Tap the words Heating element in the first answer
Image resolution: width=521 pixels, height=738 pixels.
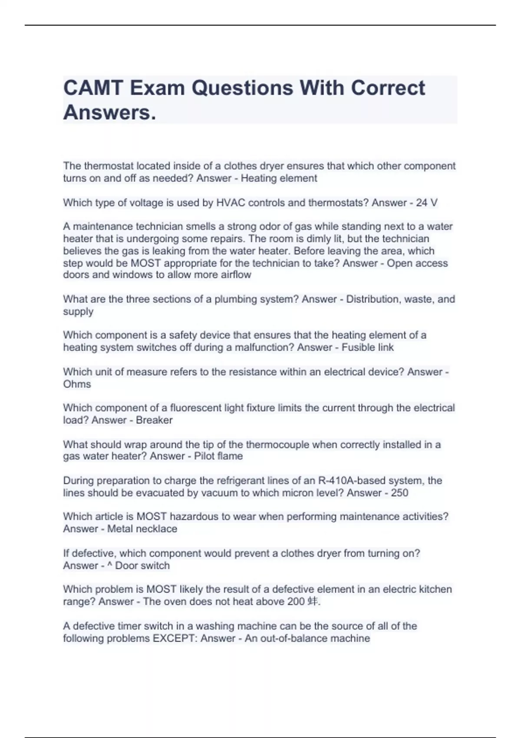[x=279, y=178]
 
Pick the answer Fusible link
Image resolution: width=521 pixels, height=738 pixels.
[x=367, y=347]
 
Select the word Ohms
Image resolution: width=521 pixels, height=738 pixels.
[x=77, y=384]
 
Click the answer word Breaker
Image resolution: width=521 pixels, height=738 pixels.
[x=154, y=420]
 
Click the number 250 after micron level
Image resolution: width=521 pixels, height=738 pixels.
[x=399, y=493]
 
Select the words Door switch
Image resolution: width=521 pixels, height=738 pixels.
[x=142, y=566]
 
